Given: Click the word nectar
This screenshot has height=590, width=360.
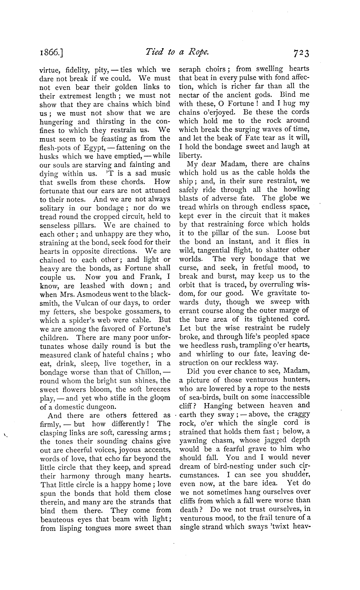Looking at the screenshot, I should tap(190, 95).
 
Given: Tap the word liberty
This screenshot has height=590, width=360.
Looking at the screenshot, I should tap(190, 155).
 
